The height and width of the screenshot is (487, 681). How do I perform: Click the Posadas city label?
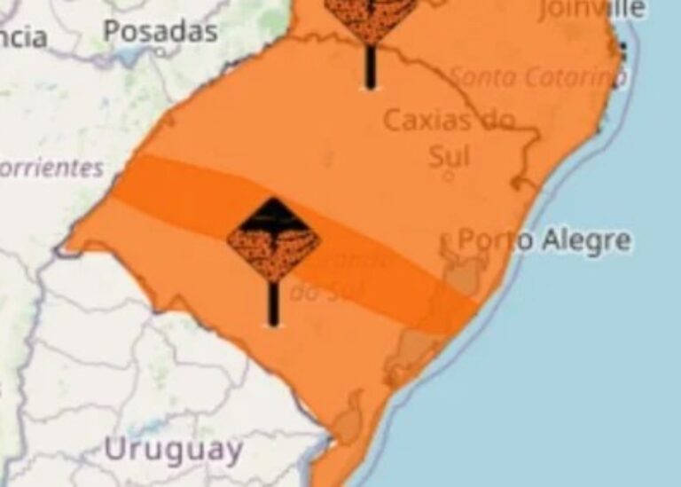(x=160, y=31)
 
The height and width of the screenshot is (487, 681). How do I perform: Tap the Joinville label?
(x=591, y=9)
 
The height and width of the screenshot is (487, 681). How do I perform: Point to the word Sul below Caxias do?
(x=449, y=156)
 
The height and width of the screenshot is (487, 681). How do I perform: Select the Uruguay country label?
(x=173, y=449)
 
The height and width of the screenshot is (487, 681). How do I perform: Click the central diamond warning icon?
(x=273, y=240)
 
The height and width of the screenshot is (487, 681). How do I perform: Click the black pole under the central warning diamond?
(x=273, y=302)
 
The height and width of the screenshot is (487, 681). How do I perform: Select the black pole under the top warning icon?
(x=370, y=67)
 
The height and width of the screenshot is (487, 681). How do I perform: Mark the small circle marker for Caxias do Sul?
(x=448, y=177)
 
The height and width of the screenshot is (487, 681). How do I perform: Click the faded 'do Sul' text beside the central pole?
(x=315, y=290)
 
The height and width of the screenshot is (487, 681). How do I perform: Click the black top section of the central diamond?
(x=273, y=213)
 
